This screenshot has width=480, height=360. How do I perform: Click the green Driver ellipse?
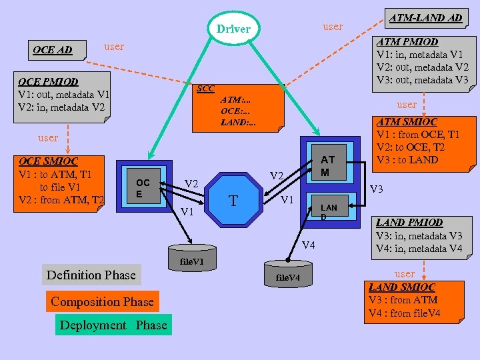(x=233, y=29)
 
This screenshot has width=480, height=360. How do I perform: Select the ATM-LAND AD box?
(x=425, y=19)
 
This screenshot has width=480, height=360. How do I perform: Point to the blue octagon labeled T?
(x=233, y=199)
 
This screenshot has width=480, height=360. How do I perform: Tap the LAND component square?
(x=329, y=211)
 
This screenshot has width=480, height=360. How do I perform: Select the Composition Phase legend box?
(x=102, y=301)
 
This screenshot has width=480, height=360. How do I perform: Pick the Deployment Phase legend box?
(x=113, y=325)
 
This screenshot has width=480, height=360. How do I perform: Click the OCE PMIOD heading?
(x=49, y=81)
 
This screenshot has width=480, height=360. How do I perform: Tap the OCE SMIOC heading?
(x=48, y=161)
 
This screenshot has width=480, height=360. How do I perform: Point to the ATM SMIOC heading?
(x=407, y=122)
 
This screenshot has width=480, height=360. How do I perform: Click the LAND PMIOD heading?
(x=409, y=223)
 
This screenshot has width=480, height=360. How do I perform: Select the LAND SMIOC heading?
(x=401, y=287)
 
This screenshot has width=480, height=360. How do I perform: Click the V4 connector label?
(x=307, y=246)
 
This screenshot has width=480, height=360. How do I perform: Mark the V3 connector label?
(x=377, y=190)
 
